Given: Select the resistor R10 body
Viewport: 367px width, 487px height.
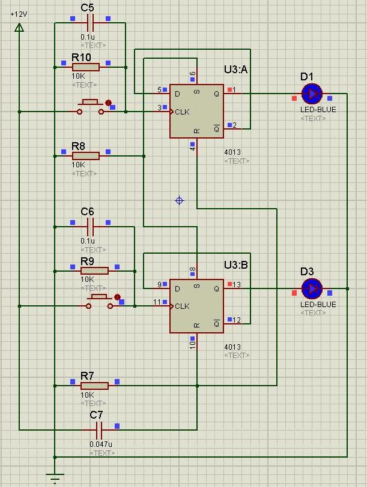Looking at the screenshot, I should (x=89, y=67).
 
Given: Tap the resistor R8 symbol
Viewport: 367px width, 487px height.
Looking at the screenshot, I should (x=86, y=156).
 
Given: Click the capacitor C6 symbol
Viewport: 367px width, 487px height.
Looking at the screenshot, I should (x=91, y=227).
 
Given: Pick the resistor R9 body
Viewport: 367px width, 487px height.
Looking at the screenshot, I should (x=94, y=270).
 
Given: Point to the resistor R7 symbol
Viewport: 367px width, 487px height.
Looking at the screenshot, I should (x=94, y=386).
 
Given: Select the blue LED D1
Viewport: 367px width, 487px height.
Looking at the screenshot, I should (x=311, y=94).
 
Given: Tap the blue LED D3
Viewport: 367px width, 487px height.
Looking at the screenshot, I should (x=311, y=289).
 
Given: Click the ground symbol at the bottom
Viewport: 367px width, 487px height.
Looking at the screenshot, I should (x=55, y=478).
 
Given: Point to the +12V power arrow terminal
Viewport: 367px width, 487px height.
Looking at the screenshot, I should (x=19, y=27).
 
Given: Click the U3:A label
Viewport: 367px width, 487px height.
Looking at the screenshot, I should (x=235, y=70).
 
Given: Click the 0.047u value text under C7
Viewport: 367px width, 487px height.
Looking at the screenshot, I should (x=100, y=444).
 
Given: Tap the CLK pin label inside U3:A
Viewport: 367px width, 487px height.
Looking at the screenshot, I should (x=182, y=112).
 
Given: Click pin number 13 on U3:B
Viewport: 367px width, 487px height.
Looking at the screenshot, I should (x=237, y=284).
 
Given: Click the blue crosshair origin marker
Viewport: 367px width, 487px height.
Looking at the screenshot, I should (x=179, y=200).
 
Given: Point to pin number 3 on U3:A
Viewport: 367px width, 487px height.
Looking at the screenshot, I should (x=159, y=108).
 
